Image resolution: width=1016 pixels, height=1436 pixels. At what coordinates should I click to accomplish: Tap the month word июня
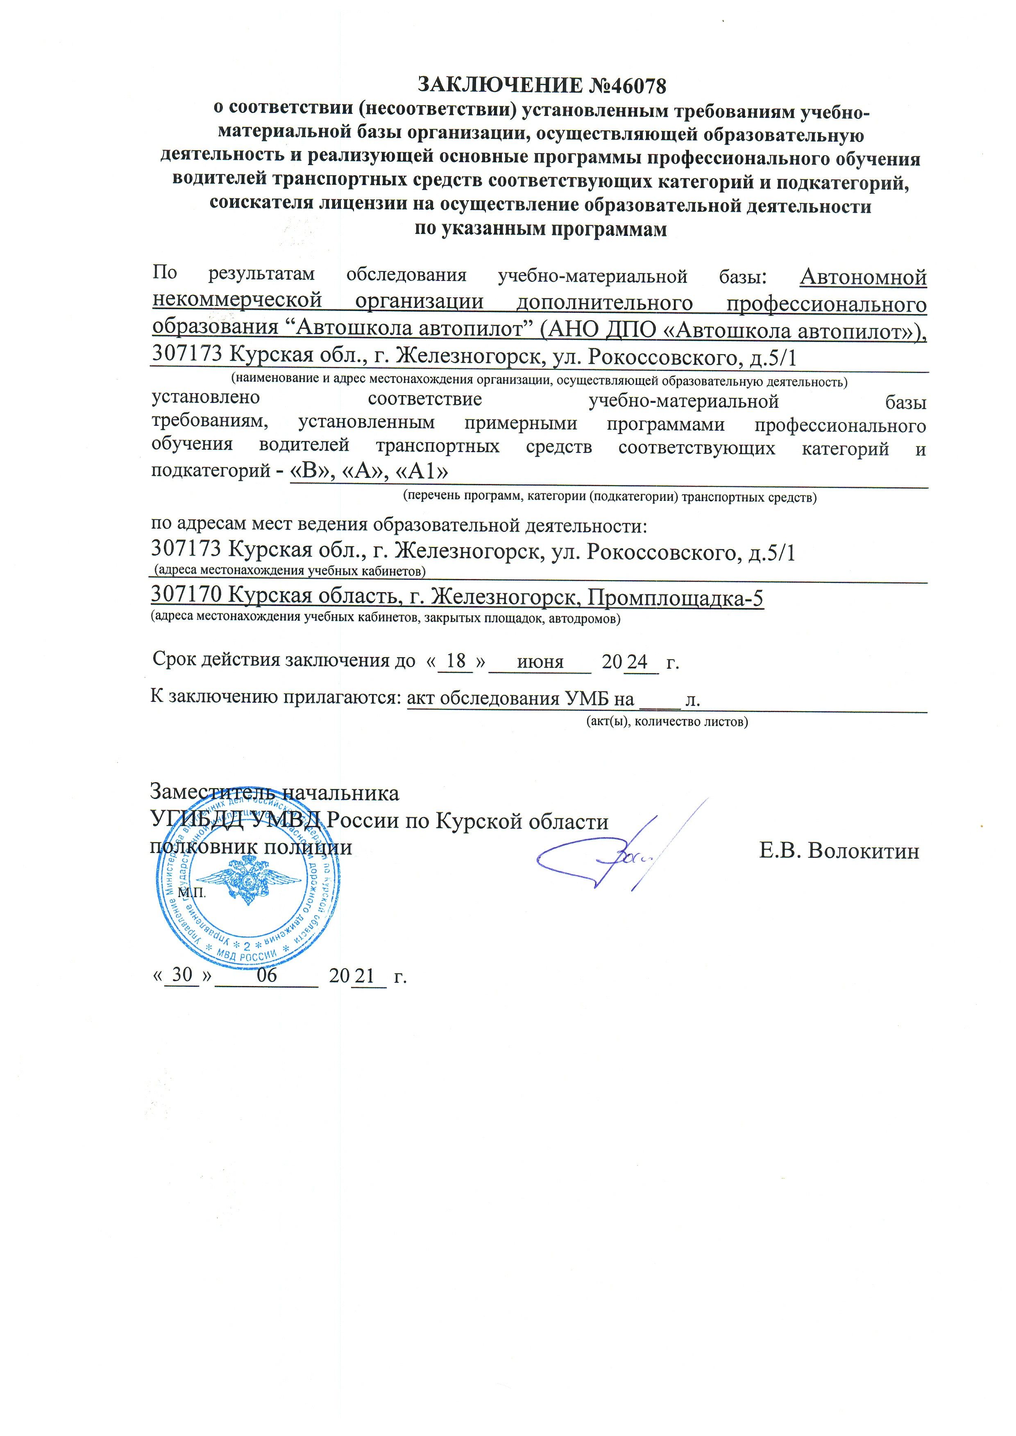click(540, 662)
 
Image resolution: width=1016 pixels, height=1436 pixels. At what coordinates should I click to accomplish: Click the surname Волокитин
click(863, 850)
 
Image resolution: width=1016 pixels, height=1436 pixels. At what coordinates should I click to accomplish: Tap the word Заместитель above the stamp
click(212, 792)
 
